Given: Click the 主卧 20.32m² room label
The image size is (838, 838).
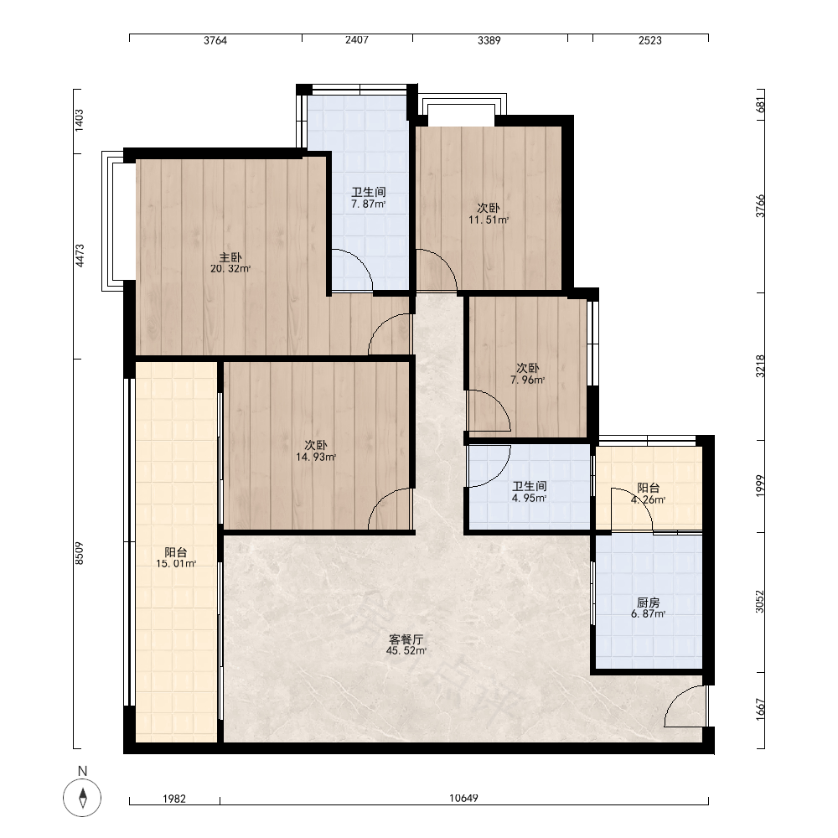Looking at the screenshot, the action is coord(230,263).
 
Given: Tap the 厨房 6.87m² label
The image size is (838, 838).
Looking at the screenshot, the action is coord(649,608).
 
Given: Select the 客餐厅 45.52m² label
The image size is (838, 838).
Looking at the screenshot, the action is coord(406,644).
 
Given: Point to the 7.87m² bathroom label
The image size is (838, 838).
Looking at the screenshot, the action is coord(368,198).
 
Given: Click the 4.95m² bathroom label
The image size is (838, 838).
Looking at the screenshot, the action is coord(529,492).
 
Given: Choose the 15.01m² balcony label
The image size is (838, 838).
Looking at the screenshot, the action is coord(176,557).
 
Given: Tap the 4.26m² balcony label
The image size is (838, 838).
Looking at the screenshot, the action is coord(649,494).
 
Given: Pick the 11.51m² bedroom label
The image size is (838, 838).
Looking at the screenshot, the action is coord(489,213).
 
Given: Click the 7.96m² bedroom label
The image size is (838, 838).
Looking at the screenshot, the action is coord(527,374).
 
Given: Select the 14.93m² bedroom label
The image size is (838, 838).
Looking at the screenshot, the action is coord(316,451).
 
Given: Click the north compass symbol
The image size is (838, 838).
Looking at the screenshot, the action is coord(82,798).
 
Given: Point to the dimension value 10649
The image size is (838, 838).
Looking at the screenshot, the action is coord(463,798).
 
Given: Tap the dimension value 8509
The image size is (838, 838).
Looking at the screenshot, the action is coord(79,553).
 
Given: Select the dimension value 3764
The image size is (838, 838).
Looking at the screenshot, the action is coord(215,40).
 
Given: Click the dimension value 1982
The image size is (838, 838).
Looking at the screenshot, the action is coord(174,799).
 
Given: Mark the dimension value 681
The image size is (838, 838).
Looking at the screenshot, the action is coord(761,104).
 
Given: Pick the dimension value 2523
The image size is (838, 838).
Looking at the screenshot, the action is coord(650,40).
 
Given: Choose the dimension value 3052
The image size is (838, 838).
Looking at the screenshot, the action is coord(760,601).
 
